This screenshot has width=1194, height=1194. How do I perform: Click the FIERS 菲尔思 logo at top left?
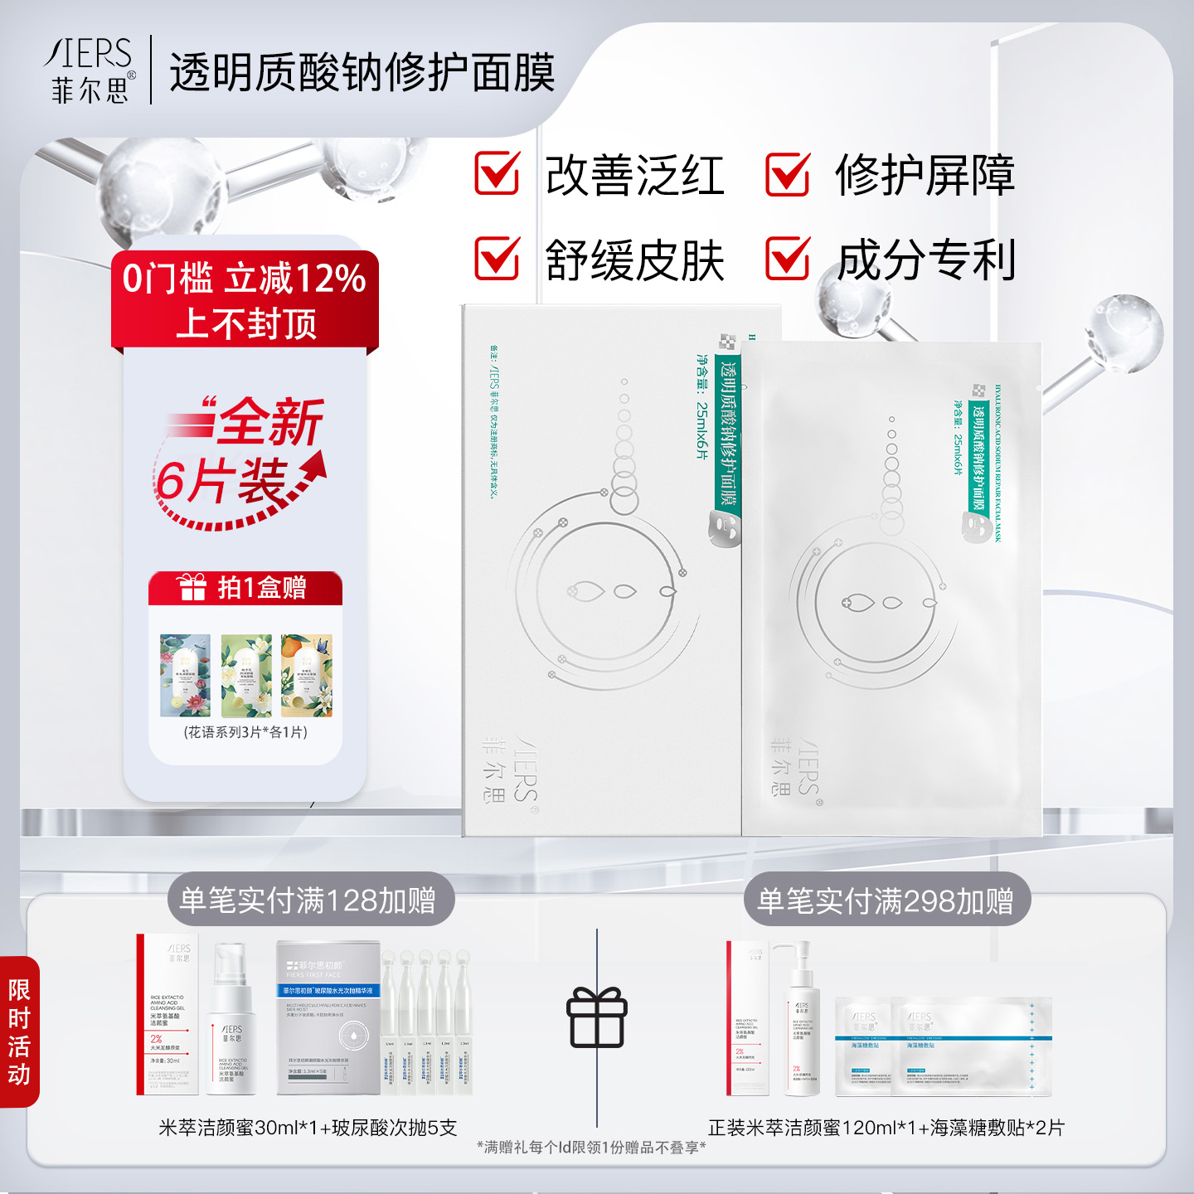(90, 70)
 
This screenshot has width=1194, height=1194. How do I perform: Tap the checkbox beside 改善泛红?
(497, 174)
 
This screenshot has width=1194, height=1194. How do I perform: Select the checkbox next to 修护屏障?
(787, 174)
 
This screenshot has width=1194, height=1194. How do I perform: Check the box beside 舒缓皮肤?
(497, 259)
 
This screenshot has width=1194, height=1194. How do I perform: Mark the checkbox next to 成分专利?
(787, 259)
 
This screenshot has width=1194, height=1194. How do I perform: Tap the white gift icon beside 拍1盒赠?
(192, 588)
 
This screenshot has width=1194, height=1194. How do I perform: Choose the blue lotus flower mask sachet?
(185, 676)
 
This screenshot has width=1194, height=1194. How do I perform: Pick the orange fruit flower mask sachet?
(306, 676)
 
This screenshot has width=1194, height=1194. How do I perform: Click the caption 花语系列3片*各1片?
(245, 732)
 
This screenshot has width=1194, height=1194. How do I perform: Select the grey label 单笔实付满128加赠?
(308, 900)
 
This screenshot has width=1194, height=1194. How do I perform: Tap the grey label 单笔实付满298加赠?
(886, 900)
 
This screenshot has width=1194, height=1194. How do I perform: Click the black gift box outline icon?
(597, 1017)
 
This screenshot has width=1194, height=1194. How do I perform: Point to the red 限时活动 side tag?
(19, 1031)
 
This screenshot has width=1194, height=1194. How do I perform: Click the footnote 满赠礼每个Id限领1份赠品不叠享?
(591, 1147)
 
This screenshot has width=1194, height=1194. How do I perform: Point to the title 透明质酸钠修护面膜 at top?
(362, 73)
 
